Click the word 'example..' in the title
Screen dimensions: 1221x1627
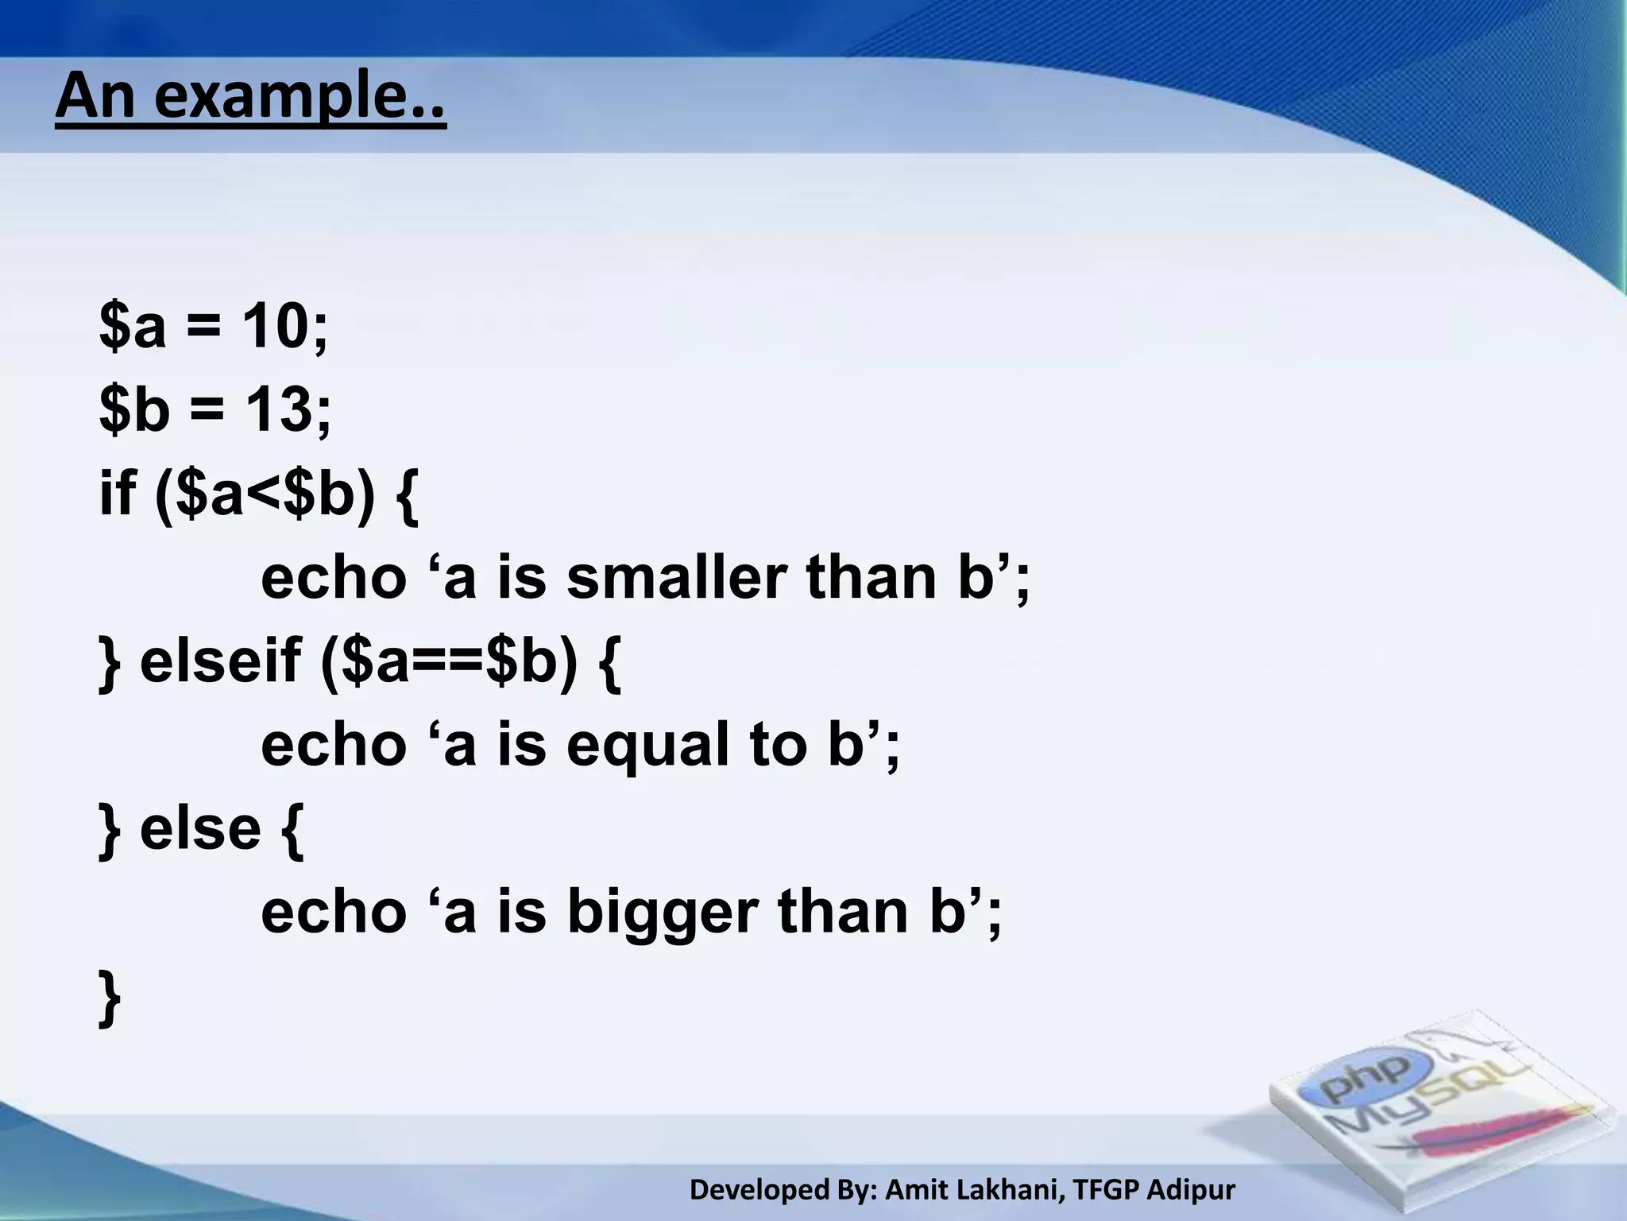(300, 97)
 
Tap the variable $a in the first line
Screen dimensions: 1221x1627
(133, 326)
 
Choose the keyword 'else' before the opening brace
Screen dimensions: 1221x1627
(200, 828)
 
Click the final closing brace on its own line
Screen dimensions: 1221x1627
(110, 998)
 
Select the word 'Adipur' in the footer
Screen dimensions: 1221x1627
(1191, 1189)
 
